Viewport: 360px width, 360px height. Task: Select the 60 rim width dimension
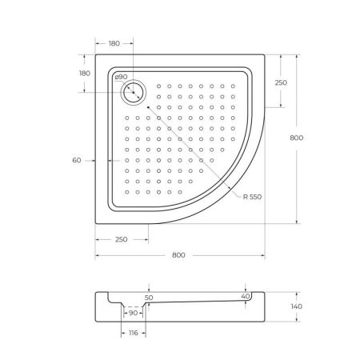point(77,161)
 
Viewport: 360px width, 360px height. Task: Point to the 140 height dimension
point(296,306)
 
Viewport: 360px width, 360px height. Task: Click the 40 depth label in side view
point(245,296)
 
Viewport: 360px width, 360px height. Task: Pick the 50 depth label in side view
point(148,297)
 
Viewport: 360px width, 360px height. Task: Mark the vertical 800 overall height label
point(296,138)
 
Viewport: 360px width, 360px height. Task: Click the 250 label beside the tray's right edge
point(281,82)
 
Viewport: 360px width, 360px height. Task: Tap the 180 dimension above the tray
point(114,43)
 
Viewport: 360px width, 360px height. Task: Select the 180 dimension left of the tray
point(84,74)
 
